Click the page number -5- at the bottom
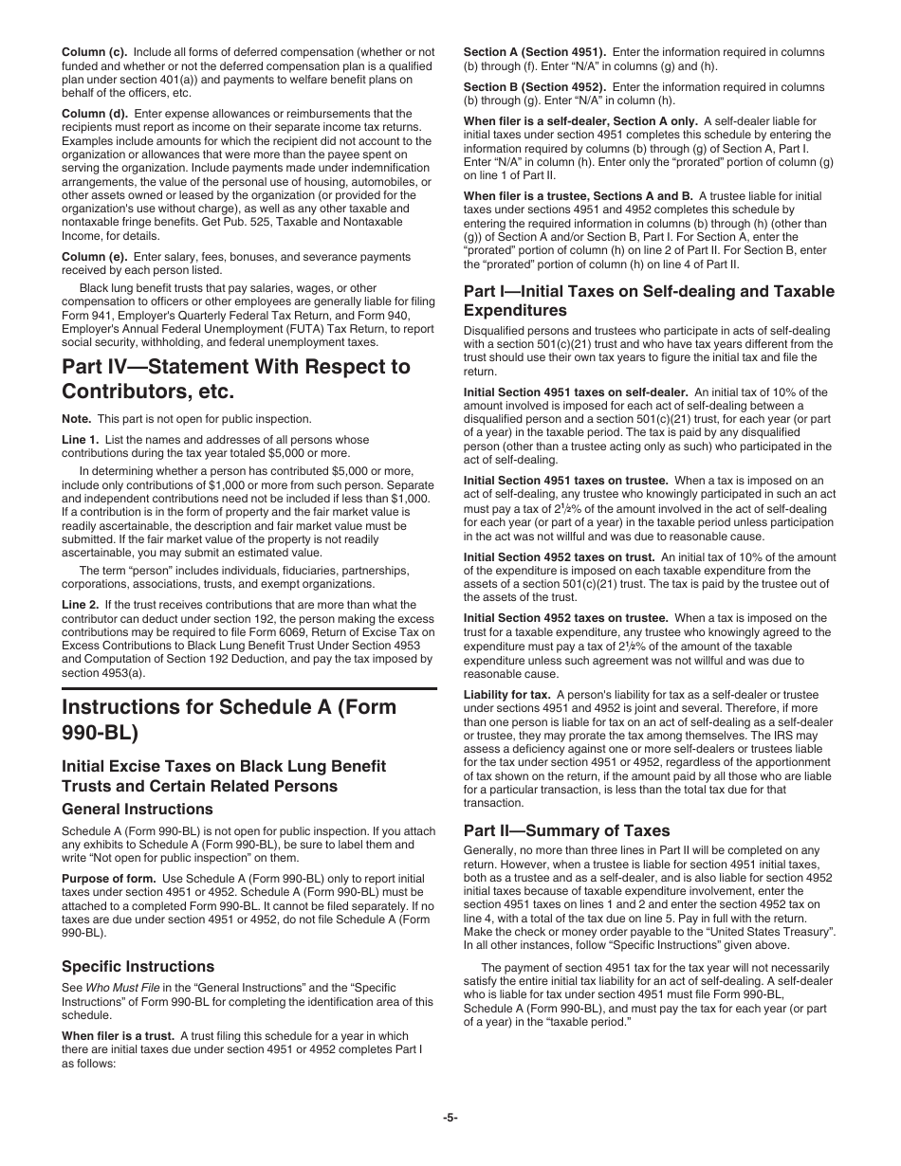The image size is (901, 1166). pos(450,1118)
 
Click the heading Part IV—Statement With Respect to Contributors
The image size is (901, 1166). pos(235,378)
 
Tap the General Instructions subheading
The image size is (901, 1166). pos(138,809)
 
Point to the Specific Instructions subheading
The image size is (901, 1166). pos(138,966)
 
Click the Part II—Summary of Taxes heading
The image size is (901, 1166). pos(566,830)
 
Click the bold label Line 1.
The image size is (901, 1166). pos(80,440)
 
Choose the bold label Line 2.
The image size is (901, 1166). pos(80,605)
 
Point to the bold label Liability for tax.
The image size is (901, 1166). pos(506,695)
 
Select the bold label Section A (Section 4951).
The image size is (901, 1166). pos(534,52)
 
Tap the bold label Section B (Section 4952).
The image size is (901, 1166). pos(534,87)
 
